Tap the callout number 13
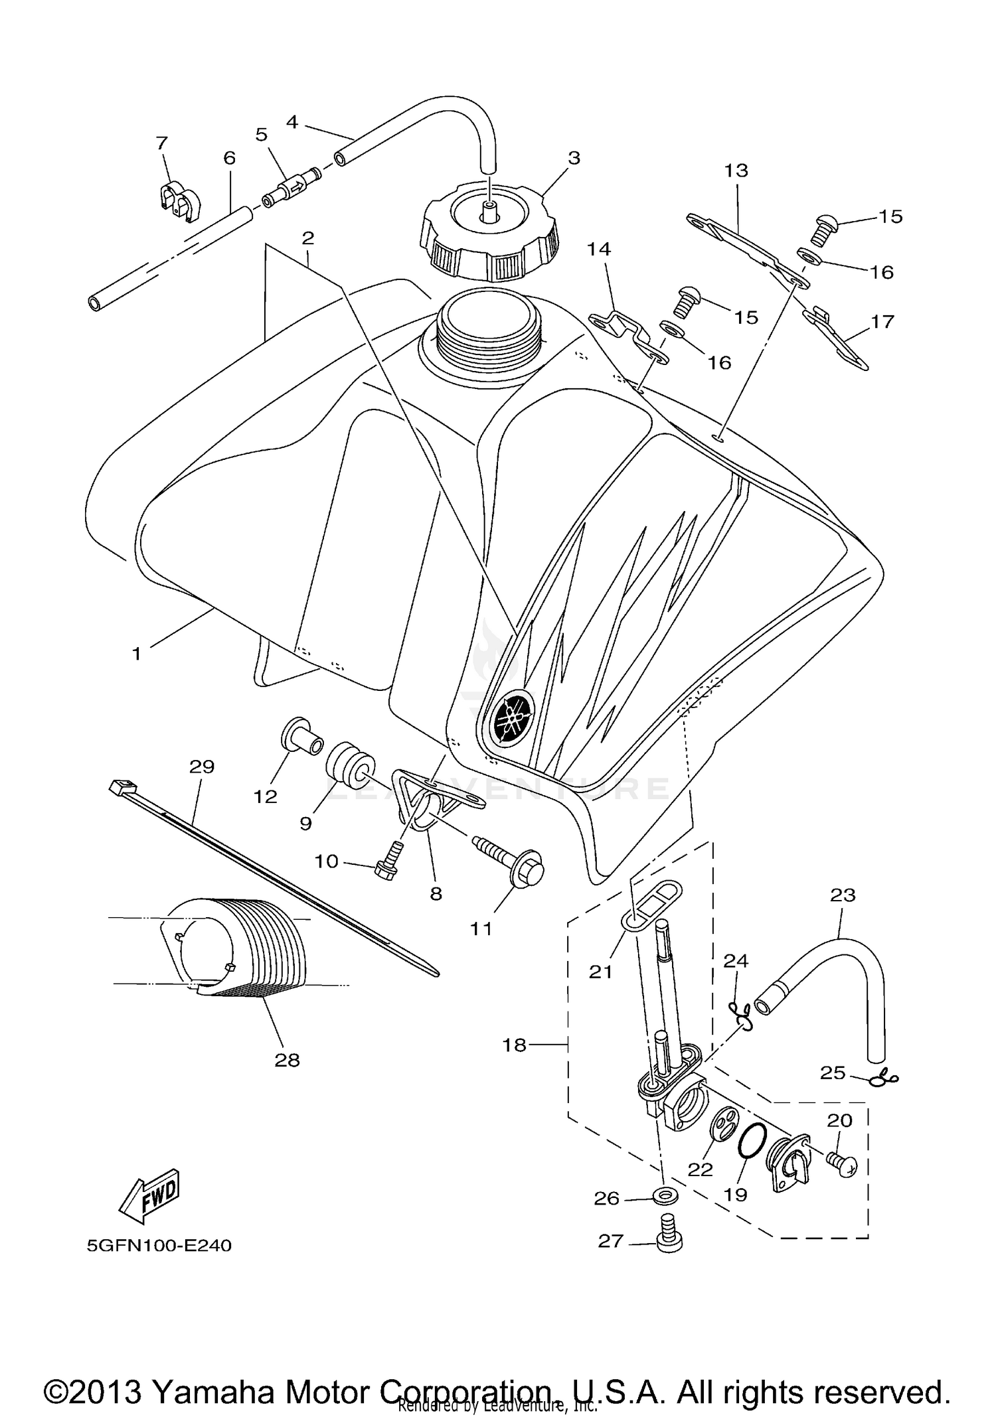click(736, 171)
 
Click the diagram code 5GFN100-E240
click(159, 1245)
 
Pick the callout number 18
click(515, 1045)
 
